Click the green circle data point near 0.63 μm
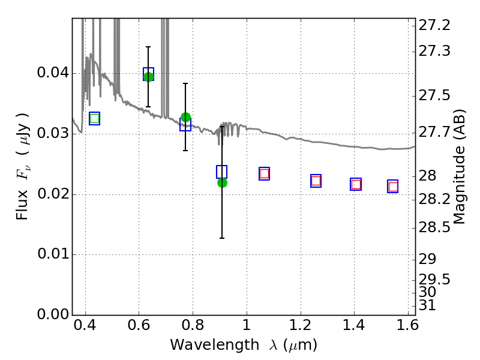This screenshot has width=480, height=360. click(148, 77)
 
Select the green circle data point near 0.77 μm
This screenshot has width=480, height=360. click(185, 117)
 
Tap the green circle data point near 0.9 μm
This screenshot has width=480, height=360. click(222, 183)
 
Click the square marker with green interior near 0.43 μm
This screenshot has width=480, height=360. click(95, 118)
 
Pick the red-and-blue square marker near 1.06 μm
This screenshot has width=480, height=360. click(264, 173)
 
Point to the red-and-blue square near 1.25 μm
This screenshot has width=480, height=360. click(316, 181)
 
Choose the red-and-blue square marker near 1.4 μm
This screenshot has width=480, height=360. click(356, 184)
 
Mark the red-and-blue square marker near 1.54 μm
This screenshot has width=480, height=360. click(393, 186)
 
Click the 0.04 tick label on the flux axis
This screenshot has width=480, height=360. click(53, 73)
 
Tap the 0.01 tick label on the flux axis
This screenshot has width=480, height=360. click(53, 254)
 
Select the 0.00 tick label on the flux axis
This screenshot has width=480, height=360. click(53, 314)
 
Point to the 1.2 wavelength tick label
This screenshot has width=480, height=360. click(301, 325)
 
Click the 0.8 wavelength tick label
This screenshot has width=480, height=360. click(193, 325)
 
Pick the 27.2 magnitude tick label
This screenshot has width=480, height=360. click(434, 25)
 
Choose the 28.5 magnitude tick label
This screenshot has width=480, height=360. click(434, 227)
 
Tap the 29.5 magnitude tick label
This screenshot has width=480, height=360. click(434, 280)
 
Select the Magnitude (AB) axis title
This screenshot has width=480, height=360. click(458, 167)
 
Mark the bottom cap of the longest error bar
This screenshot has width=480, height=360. click(222, 238)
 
